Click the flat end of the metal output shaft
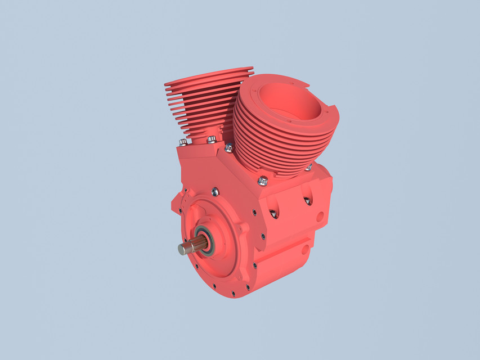pos(182,249)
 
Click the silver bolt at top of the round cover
pos(215,192)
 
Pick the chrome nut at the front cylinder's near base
pos(262,181)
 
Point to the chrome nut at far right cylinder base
pos(308,167)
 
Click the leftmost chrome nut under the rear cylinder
pos(183,142)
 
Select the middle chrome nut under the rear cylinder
pos(211,139)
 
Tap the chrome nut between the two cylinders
pos(228,148)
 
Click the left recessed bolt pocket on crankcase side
pos(273,213)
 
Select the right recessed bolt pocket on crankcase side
pos(307,200)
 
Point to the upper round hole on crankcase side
pos(320,215)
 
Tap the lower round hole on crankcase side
pos(305,246)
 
